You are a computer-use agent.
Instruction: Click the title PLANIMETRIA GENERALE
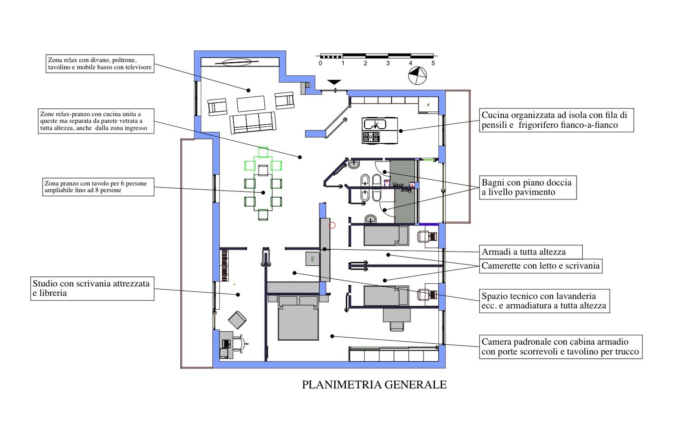[x=374, y=385]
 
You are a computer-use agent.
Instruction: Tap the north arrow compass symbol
[x=417, y=75]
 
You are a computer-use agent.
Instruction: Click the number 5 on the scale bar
[x=433, y=63]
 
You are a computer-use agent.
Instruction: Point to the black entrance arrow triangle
[x=334, y=82]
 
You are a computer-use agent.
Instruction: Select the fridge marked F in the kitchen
[x=428, y=105]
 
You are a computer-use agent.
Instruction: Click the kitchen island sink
[x=375, y=124]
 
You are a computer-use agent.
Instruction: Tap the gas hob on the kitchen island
[x=371, y=137]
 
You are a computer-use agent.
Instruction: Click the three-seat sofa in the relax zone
[x=253, y=123]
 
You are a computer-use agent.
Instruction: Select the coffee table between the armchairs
[x=251, y=104]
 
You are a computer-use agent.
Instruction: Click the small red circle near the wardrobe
[x=332, y=225]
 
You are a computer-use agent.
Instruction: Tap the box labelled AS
[x=312, y=259]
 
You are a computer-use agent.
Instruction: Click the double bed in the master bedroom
[x=298, y=318]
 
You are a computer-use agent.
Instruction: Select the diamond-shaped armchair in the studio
[x=237, y=320]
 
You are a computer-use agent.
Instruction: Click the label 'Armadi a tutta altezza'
[x=524, y=251]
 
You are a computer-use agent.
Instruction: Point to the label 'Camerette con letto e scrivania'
[x=541, y=266]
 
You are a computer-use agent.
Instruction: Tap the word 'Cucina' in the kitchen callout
[x=495, y=115]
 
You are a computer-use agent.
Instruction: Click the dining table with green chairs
[x=263, y=192]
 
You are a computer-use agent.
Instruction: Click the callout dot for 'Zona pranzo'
[x=263, y=193]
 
